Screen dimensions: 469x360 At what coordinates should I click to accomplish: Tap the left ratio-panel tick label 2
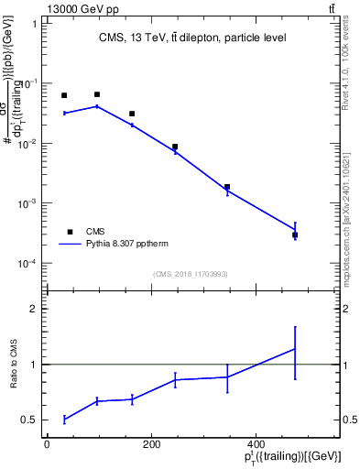[35, 309]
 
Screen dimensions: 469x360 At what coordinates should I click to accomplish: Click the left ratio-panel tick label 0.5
[31, 420]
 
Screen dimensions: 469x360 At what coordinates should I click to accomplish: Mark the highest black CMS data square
[97, 94]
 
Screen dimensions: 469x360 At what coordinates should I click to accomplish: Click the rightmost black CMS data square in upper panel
[295, 235]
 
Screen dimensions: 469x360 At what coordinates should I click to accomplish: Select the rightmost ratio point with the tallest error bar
[295, 349]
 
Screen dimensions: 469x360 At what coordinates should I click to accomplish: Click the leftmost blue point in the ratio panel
[64, 419]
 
